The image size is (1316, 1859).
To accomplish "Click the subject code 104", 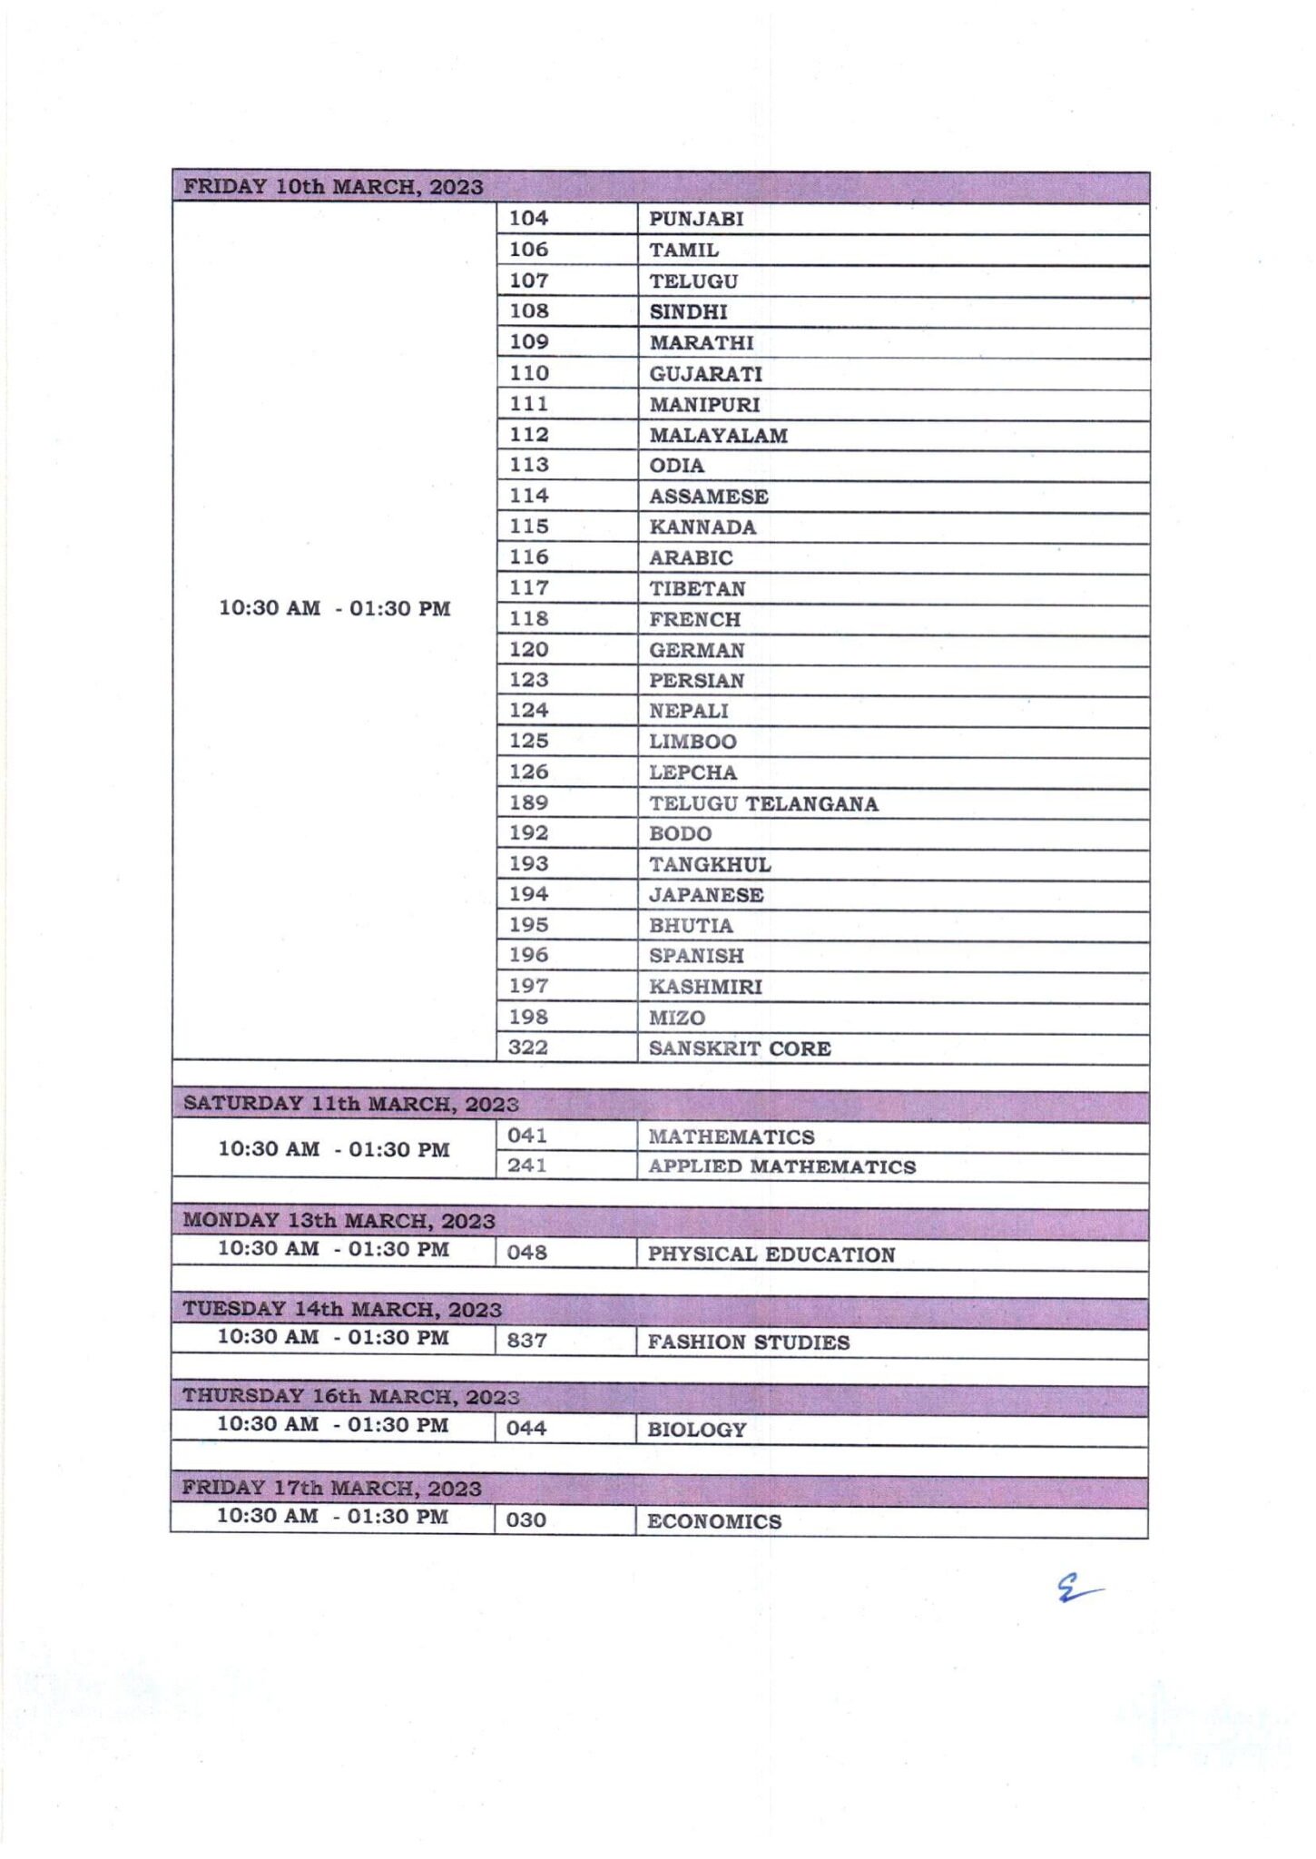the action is point(528,219).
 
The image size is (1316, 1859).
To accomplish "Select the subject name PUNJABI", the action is point(696,220).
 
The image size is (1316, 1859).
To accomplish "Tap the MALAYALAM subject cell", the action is point(718,436).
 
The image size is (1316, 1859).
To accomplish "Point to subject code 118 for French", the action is point(528,619).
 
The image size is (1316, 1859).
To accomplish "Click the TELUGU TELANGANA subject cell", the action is point(763,804).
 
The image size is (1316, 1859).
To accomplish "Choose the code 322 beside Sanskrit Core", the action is point(528,1048).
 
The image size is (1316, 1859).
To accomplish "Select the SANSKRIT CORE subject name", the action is point(740,1048).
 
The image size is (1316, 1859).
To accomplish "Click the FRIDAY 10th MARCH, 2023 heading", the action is point(333,187).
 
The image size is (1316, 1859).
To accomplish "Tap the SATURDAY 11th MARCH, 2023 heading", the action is point(350,1105).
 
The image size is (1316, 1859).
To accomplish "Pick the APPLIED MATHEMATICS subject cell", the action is point(781,1167).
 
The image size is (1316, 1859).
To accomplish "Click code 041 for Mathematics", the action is point(527,1136).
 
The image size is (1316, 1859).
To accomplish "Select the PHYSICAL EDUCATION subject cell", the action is point(771,1254).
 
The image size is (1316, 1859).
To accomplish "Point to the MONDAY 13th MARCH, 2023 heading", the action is point(339,1221).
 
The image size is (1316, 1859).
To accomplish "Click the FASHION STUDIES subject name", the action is point(748,1343).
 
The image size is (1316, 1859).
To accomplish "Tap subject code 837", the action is point(527,1341).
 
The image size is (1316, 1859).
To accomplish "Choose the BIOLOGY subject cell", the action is point(696,1430).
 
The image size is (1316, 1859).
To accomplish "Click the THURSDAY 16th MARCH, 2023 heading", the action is point(350,1396).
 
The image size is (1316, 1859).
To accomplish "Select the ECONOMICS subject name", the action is point(713,1521).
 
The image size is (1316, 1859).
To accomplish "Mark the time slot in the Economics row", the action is point(332,1516).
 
